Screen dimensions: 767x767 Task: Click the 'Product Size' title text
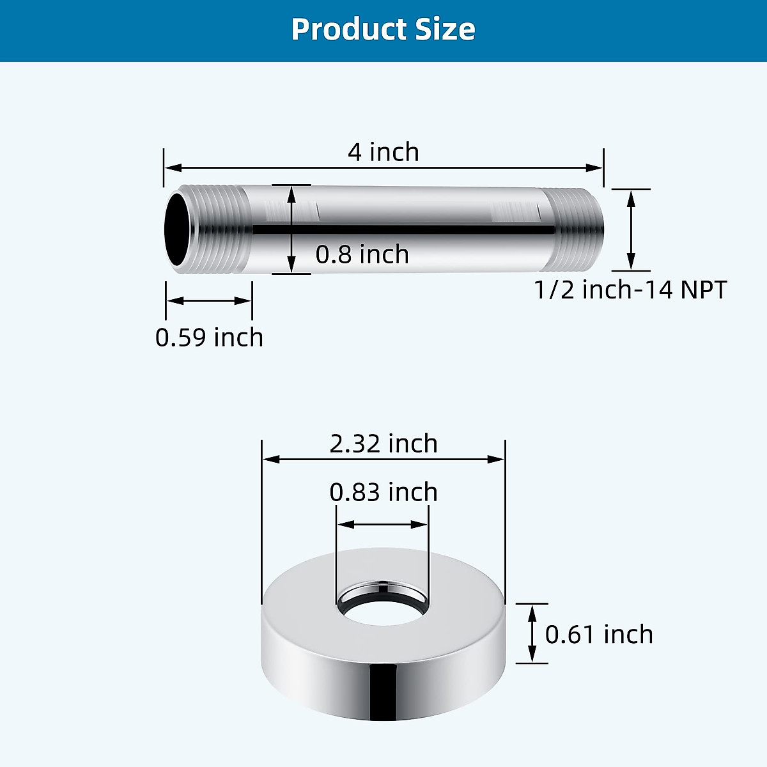coord(383,29)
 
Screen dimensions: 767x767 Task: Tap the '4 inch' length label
coord(383,152)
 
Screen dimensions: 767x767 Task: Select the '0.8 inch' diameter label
coord(362,254)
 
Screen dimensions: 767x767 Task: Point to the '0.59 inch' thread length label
coord(209,337)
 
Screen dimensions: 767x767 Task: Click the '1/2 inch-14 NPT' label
coord(630,290)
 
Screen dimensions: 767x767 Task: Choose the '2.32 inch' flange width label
coord(383,444)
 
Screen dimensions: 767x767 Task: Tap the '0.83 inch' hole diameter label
coord(383,492)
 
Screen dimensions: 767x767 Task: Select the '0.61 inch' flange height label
coord(599,635)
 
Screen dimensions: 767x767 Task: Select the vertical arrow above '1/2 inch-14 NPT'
coord(631,230)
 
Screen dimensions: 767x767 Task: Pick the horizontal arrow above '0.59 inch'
coord(209,300)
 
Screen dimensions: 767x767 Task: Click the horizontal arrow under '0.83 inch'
coord(382,525)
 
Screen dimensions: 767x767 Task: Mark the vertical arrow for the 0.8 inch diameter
coord(291,229)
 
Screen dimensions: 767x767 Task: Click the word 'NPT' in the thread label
coord(704,290)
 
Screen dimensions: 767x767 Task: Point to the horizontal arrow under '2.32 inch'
coord(383,459)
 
